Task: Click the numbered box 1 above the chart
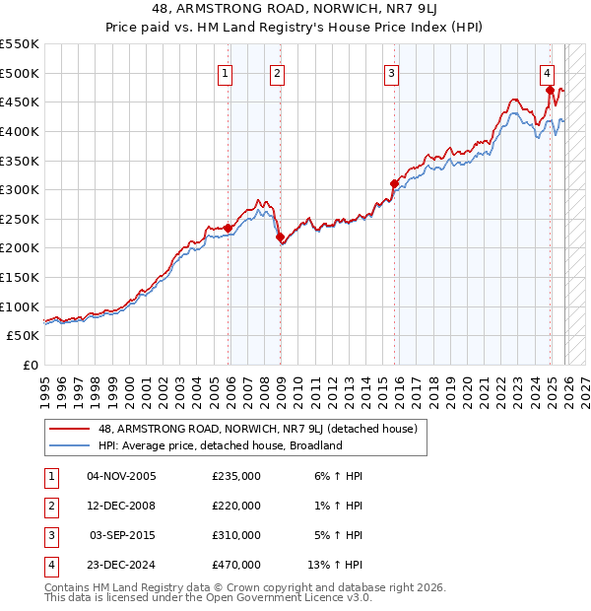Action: [226, 72]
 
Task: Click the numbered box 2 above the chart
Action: [278, 72]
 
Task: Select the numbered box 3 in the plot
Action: [391, 72]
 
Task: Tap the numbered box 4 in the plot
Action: [547, 72]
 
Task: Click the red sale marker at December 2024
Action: [550, 91]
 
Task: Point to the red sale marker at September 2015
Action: [394, 183]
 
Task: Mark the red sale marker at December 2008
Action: [280, 237]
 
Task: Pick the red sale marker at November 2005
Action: [229, 228]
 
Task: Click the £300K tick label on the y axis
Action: [20, 189]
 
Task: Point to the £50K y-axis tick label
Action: [23, 335]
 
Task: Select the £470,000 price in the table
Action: [236, 565]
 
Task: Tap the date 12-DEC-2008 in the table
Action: [121, 506]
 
